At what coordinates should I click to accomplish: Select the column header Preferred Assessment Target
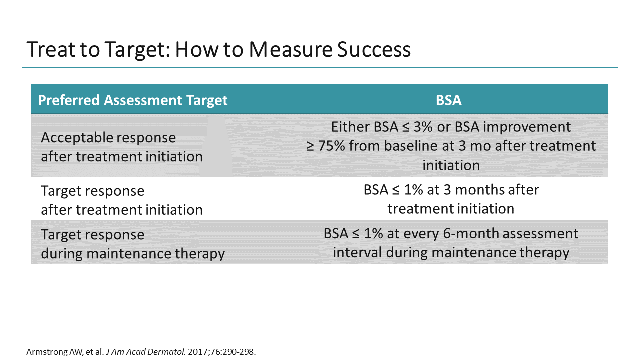(133, 100)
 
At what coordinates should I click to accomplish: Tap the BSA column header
(448, 100)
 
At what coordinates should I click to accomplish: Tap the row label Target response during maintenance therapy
(132, 244)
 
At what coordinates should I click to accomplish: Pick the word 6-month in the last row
(479, 233)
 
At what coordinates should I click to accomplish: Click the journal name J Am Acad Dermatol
(146, 352)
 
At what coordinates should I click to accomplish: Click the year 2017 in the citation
(197, 352)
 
